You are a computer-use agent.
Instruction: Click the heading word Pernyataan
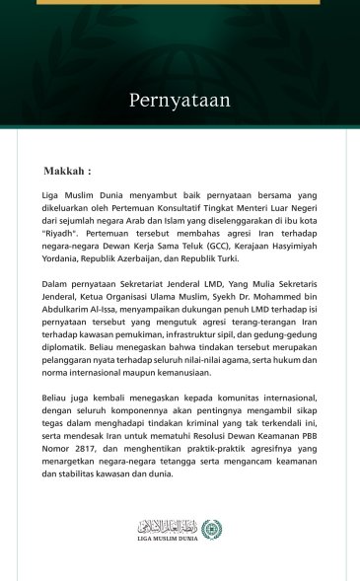[180, 100]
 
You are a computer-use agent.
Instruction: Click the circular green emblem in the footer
[211, 530]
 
